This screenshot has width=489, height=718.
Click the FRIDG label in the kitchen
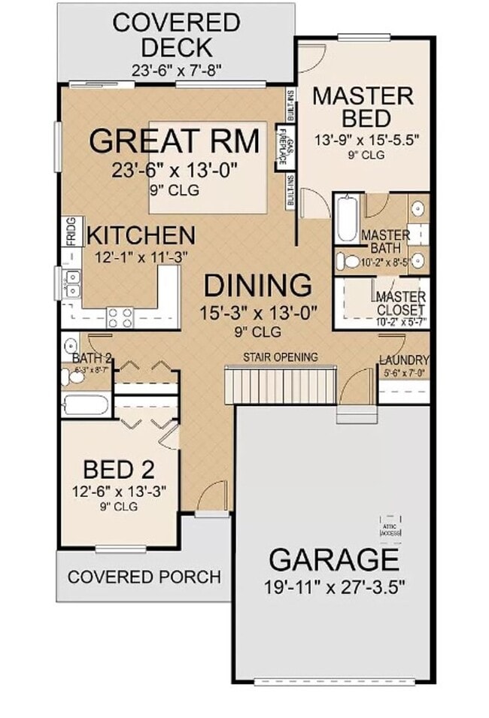coord(69,232)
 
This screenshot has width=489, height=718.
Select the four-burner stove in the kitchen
coord(120,316)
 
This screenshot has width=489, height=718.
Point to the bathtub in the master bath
coord(348,219)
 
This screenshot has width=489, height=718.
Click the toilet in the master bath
coord(348,262)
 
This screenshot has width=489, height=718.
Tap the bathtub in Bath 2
coord(86,405)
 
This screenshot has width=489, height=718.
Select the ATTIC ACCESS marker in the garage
coord(390,526)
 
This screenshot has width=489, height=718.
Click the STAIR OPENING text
coord(280,356)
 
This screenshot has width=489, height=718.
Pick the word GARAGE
coord(333,560)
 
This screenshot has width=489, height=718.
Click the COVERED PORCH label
coord(144,577)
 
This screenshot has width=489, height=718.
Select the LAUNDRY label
coord(404,360)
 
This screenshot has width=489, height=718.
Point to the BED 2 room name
coord(119,470)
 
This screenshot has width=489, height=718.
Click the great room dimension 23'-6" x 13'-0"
coord(175,171)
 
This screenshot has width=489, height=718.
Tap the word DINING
coord(258,286)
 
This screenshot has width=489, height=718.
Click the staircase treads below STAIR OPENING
coord(280,385)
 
